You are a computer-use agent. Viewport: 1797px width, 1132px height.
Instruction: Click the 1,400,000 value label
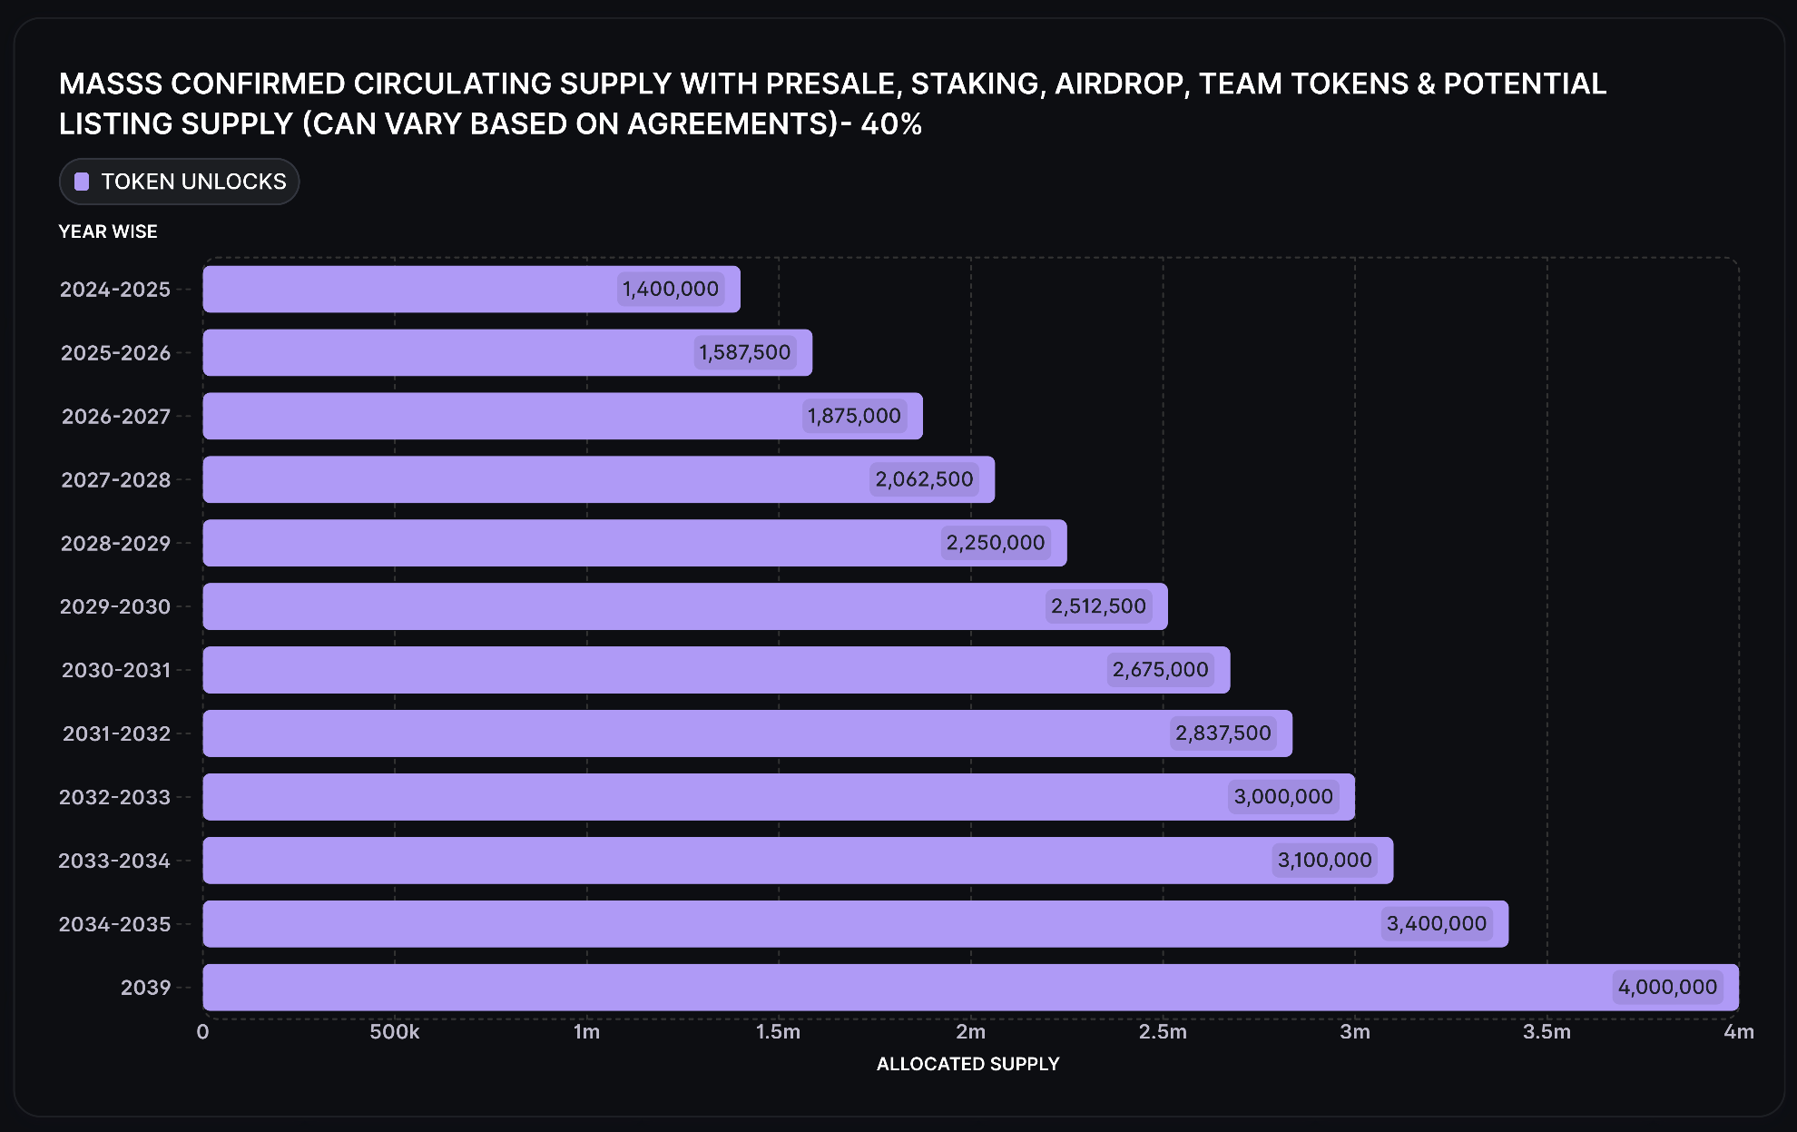click(x=670, y=289)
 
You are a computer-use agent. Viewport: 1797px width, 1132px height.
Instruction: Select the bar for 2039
click(x=908, y=988)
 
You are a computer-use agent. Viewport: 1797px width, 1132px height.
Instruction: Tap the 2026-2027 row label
click(x=115, y=416)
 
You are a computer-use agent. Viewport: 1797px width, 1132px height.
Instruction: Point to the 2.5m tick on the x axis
click(x=1163, y=1032)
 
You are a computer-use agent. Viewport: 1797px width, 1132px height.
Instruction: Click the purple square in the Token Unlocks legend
click(x=82, y=182)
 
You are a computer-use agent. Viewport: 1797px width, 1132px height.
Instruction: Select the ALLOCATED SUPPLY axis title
click(x=967, y=1064)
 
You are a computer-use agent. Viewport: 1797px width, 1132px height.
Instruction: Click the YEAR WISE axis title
click(x=108, y=231)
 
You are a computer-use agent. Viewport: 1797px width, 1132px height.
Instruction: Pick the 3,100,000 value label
click(x=1324, y=860)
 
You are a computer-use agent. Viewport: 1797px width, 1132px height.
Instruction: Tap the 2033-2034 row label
click(x=114, y=861)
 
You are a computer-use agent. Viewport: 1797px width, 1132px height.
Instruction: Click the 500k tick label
click(x=395, y=1032)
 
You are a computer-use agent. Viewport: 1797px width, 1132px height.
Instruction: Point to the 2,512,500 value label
click(x=1098, y=605)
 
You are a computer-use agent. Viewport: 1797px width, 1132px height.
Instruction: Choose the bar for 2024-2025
click(x=408, y=289)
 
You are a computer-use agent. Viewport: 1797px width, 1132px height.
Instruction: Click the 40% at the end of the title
click(x=891, y=123)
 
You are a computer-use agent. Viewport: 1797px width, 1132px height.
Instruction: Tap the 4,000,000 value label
click(x=1667, y=987)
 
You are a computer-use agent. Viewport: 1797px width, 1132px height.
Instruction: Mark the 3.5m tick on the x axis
click(x=1547, y=1032)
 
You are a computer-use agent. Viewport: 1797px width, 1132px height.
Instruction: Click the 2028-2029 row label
click(x=115, y=543)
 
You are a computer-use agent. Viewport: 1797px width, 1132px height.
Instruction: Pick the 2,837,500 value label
click(x=1223, y=733)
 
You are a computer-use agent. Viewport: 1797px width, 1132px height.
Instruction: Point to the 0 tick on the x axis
click(x=202, y=1032)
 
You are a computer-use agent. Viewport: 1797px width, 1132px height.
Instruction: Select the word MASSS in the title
click(x=111, y=84)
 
